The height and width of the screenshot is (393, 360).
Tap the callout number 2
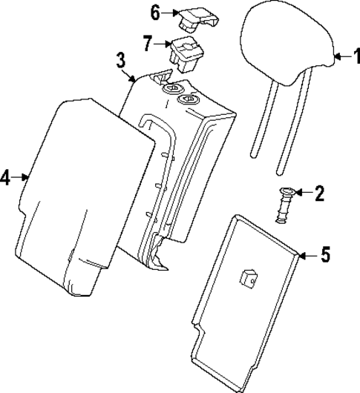click(x=320, y=194)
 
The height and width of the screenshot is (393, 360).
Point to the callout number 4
click(x=6, y=178)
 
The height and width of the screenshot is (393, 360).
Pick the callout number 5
click(x=324, y=256)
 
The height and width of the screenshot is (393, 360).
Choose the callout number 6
click(x=154, y=12)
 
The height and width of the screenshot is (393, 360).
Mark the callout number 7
click(x=147, y=43)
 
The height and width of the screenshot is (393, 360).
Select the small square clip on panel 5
click(x=247, y=277)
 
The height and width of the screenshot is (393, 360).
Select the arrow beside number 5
click(x=308, y=256)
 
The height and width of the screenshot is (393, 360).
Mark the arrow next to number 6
click(x=169, y=12)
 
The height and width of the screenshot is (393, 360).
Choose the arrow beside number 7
click(x=162, y=44)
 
